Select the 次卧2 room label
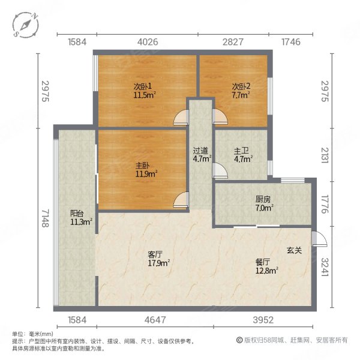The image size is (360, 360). pyautogui.click(x=241, y=86)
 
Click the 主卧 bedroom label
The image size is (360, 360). pyautogui.click(x=142, y=166)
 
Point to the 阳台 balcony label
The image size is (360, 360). pyautogui.click(x=77, y=212)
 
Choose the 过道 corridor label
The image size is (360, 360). pyautogui.click(x=200, y=151)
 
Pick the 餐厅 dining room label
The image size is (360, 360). pyautogui.click(x=263, y=262)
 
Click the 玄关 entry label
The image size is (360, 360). pyautogui.click(x=294, y=250)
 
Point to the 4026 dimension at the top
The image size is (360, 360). pyautogui.click(x=147, y=42)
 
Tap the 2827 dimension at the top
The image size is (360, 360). pyautogui.click(x=233, y=42)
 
